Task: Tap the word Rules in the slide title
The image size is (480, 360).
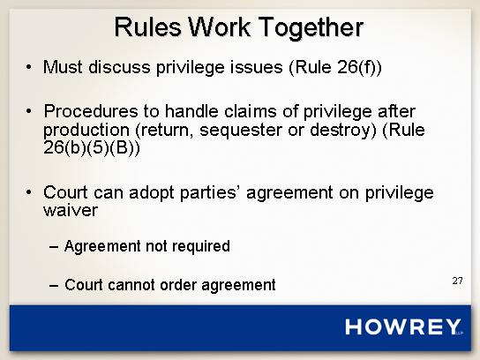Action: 147,27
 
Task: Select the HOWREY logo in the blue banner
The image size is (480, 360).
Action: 403,326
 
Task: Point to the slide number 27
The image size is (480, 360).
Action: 458,281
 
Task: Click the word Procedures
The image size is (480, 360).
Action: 91,111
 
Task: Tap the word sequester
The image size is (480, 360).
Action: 241,130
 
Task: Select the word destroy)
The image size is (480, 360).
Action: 343,130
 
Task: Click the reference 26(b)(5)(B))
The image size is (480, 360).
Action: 92,148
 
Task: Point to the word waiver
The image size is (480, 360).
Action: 71,210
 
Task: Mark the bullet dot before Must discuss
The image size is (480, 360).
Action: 28,67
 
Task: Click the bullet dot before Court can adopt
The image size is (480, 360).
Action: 28,192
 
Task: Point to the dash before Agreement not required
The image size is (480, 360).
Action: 54,247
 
